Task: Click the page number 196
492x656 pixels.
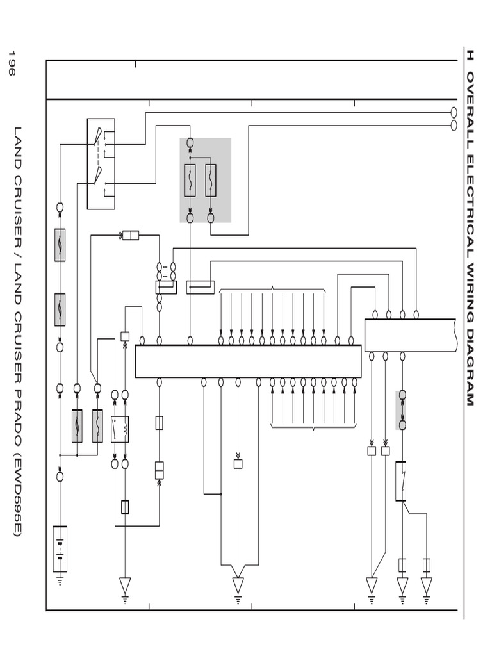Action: (11, 63)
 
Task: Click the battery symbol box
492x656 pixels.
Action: (60, 548)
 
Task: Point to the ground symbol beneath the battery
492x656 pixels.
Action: (60, 581)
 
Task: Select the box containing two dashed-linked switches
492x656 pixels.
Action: (101, 164)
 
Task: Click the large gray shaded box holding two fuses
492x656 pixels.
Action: (205, 180)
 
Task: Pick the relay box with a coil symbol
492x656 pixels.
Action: (120, 429)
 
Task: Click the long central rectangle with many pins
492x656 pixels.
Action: (248, 361)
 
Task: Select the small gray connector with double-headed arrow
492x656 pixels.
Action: (402, 410)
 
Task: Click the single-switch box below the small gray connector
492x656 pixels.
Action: (401, 480)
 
